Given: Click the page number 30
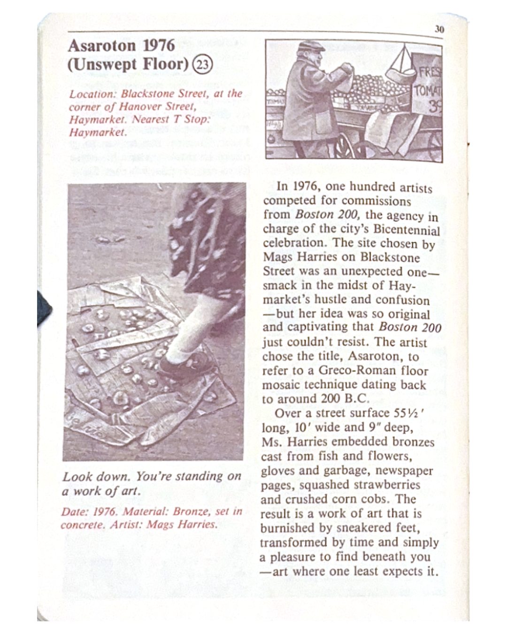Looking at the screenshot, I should pos(439,29).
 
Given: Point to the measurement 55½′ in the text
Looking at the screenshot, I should pos(409,413).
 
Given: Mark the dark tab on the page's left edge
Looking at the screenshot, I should pos(45,308).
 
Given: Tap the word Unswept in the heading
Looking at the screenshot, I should pos(104,64).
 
